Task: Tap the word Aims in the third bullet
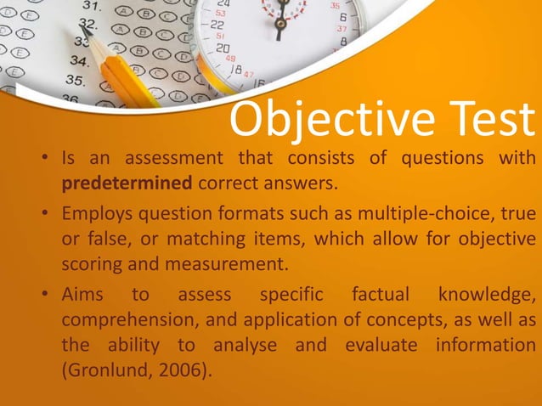coord(81,295)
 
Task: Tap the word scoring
coord(91,263)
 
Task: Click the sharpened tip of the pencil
coord(90,39)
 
